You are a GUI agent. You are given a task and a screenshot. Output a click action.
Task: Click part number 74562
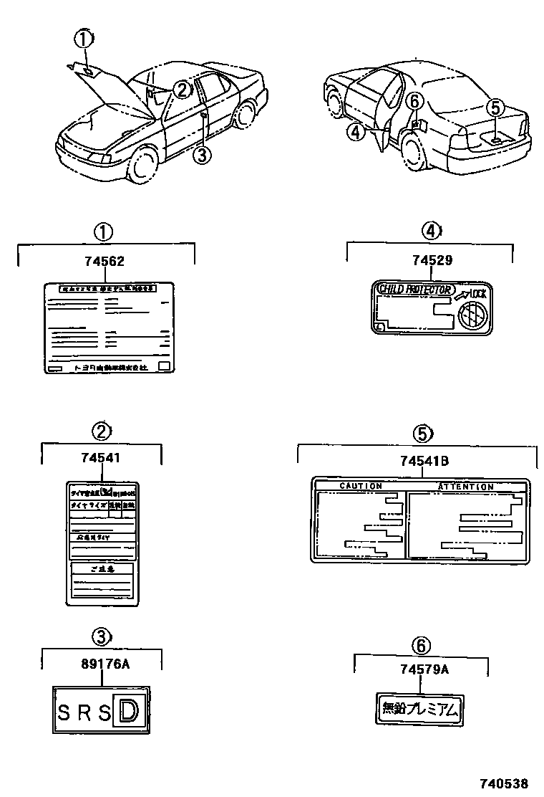(105, 262)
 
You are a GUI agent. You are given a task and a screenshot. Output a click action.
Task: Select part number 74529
(432, 261)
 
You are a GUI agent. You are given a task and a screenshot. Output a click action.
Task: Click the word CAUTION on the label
(360, 487)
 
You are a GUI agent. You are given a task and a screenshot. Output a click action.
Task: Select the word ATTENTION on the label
(465, 487)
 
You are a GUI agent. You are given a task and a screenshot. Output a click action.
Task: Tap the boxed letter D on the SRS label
(129, 712)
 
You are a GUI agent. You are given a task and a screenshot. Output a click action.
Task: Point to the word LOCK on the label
(477, 293)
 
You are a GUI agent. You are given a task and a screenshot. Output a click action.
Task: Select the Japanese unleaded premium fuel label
(420, 710)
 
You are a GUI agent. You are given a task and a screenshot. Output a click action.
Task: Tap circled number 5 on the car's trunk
(495, 108)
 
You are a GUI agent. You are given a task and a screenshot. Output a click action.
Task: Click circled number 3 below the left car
(203, 154)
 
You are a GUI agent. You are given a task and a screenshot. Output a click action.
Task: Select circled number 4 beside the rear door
(356, 130)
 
